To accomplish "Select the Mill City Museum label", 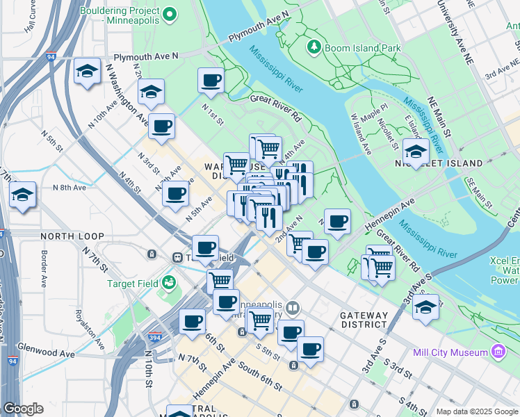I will pyautogui.click(x=450, y=352).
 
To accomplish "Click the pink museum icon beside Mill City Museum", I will pyautogui.click(x=497, y=352).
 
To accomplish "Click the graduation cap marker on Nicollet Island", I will pyautogui.click(x=416, y=152).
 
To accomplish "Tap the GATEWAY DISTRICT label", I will pyautogui.click(x=364, y=320).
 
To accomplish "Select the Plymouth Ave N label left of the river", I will pyautogui.click(x=146, y=56).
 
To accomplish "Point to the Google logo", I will pyautogui.click(x=23, y=409).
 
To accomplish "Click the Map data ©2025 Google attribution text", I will pyautogui.click(x=476, y=411).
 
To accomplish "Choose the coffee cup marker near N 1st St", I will pyautogui.click(x=211, y=80).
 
